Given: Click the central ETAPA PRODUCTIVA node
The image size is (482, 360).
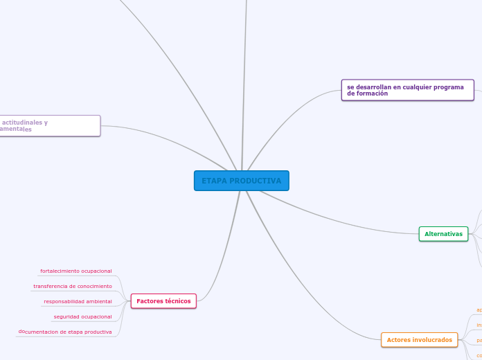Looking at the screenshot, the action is (241, 181).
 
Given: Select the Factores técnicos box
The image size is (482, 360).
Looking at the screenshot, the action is (163, 301).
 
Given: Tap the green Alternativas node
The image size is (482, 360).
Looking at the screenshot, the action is (443, 234).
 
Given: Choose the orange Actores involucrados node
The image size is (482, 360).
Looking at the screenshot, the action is (419, 340).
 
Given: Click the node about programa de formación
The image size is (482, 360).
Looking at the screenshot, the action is (407, 90).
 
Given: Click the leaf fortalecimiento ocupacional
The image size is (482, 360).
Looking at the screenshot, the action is (76, 271).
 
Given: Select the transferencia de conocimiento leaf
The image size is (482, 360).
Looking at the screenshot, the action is (73, 286).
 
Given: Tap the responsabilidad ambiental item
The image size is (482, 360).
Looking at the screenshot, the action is (78, 301).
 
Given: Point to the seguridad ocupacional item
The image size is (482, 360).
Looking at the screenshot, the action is (82, 316).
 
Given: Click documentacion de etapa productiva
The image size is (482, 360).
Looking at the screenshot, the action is (65, 332).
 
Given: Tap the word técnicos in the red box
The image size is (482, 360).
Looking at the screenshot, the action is (178, 301).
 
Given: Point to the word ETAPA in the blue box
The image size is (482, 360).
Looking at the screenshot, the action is (213, 181).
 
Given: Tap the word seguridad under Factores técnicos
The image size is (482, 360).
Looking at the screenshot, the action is (65, 316).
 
